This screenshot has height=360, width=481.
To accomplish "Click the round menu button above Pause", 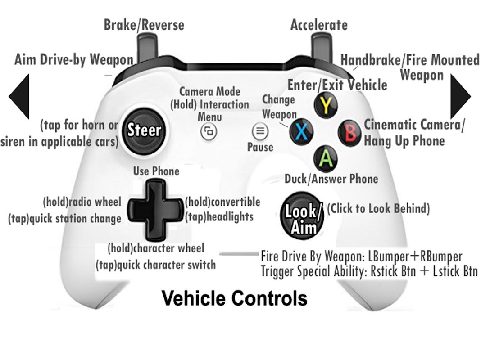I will tap(260, 131).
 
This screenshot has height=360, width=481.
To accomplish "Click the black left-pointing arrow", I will tap(19, 96).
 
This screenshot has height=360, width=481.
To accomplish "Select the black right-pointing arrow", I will tap(461, 96).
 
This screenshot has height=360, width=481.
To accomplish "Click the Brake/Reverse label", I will tap(144, 25).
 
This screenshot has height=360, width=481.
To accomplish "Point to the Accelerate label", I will tap(319, 25).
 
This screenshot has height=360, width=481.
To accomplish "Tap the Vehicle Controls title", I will tap(234, 298).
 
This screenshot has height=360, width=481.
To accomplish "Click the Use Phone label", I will tap(156, 171).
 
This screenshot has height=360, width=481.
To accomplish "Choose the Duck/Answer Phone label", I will tap(331, 179).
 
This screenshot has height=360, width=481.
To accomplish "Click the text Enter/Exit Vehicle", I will tap(337, 85).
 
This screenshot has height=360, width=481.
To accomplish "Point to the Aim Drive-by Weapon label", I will tap(74, 59).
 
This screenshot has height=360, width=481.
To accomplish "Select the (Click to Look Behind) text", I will tap(378, 208).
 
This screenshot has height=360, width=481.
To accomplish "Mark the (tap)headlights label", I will tap(219, 216).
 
